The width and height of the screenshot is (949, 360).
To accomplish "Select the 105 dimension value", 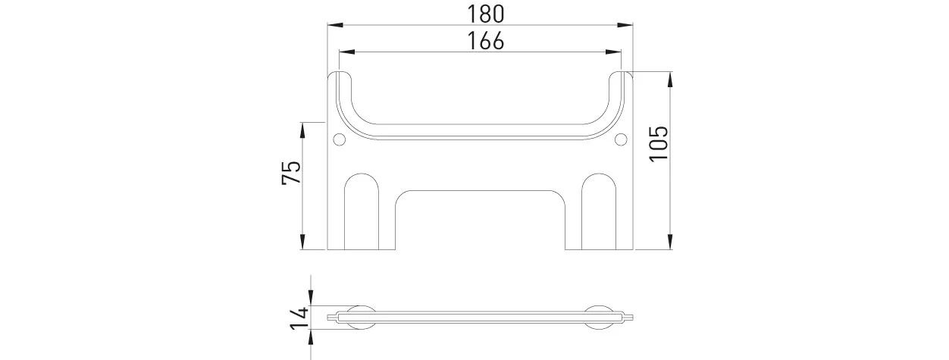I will click(x=658, y=143).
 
